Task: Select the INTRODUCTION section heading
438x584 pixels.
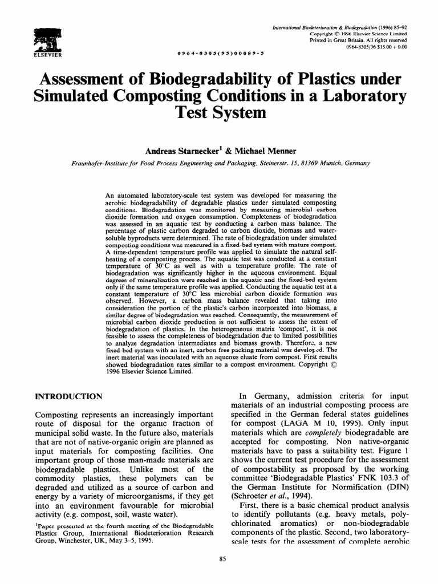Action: point(68,396)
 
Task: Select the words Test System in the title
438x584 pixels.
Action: point(220,112)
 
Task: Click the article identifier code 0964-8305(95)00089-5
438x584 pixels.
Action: point(221,52)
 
